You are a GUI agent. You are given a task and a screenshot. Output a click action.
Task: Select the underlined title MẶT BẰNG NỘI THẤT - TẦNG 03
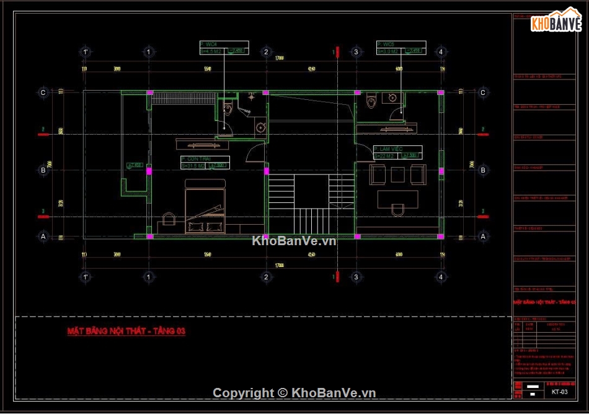(x=126, y=331)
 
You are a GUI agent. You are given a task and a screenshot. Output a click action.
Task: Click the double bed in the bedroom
(x=205, y=206)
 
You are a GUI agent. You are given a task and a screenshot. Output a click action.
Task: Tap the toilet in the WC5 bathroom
(x=372, y=100)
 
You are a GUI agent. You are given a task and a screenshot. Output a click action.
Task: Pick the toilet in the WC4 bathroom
(x=228, y=110)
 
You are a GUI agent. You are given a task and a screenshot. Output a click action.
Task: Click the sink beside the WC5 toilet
(x=392, y=97)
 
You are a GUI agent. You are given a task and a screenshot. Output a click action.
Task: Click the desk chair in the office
(x=397, y=210)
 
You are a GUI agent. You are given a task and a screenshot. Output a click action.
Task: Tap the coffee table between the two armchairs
(x=397, y=175)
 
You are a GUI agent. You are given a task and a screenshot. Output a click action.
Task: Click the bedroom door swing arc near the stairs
(x=255, y=151)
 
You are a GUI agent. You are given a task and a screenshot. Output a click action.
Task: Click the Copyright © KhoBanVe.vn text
(x=294, y=392)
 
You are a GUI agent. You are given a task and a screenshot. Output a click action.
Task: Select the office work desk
(x=397, y=198)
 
